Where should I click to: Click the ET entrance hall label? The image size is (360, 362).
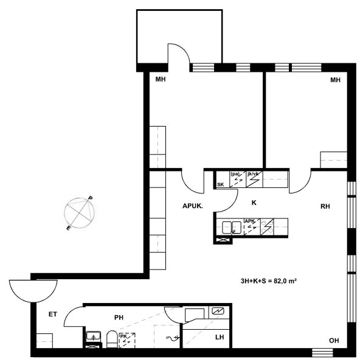[53, 314]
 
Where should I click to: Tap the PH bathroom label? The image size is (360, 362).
[119, 318]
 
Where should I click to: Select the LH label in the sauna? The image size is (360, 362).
[220, 337]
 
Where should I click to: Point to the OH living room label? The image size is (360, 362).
[334, 341]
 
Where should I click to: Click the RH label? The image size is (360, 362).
[325, 206]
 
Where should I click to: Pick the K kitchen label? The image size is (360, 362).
[254, 203]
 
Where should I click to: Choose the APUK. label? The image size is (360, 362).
[193, 206]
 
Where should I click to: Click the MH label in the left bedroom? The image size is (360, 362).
[161, 80]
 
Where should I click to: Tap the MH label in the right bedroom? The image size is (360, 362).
[335, 80]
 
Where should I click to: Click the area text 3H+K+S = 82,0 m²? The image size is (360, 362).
[269, 281]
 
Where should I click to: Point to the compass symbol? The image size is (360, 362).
[80, 213]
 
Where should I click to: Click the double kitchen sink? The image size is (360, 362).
[232, 228]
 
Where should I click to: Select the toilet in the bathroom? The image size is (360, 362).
[112, 339]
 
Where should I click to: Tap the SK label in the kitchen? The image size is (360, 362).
[220, 184]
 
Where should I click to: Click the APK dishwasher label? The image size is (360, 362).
[249, 221]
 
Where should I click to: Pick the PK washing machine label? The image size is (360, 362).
[123, 336]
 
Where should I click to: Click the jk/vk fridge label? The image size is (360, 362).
[253, 174]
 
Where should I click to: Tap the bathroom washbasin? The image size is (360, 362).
[93, 336]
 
